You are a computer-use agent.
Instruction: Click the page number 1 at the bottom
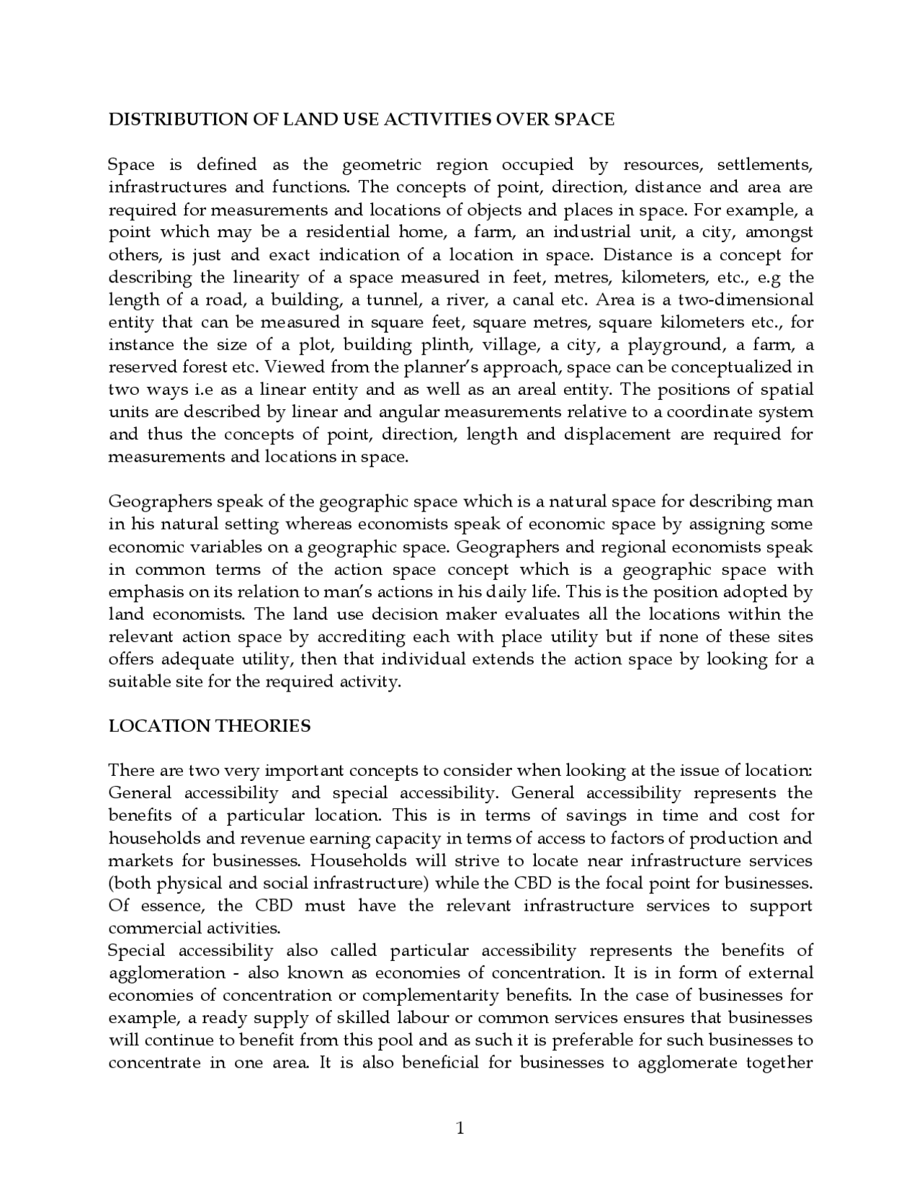click(x=460, y=1128)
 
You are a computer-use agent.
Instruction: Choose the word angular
click(x=408, y=413)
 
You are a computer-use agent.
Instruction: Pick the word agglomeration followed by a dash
click(x=166, y=973)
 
